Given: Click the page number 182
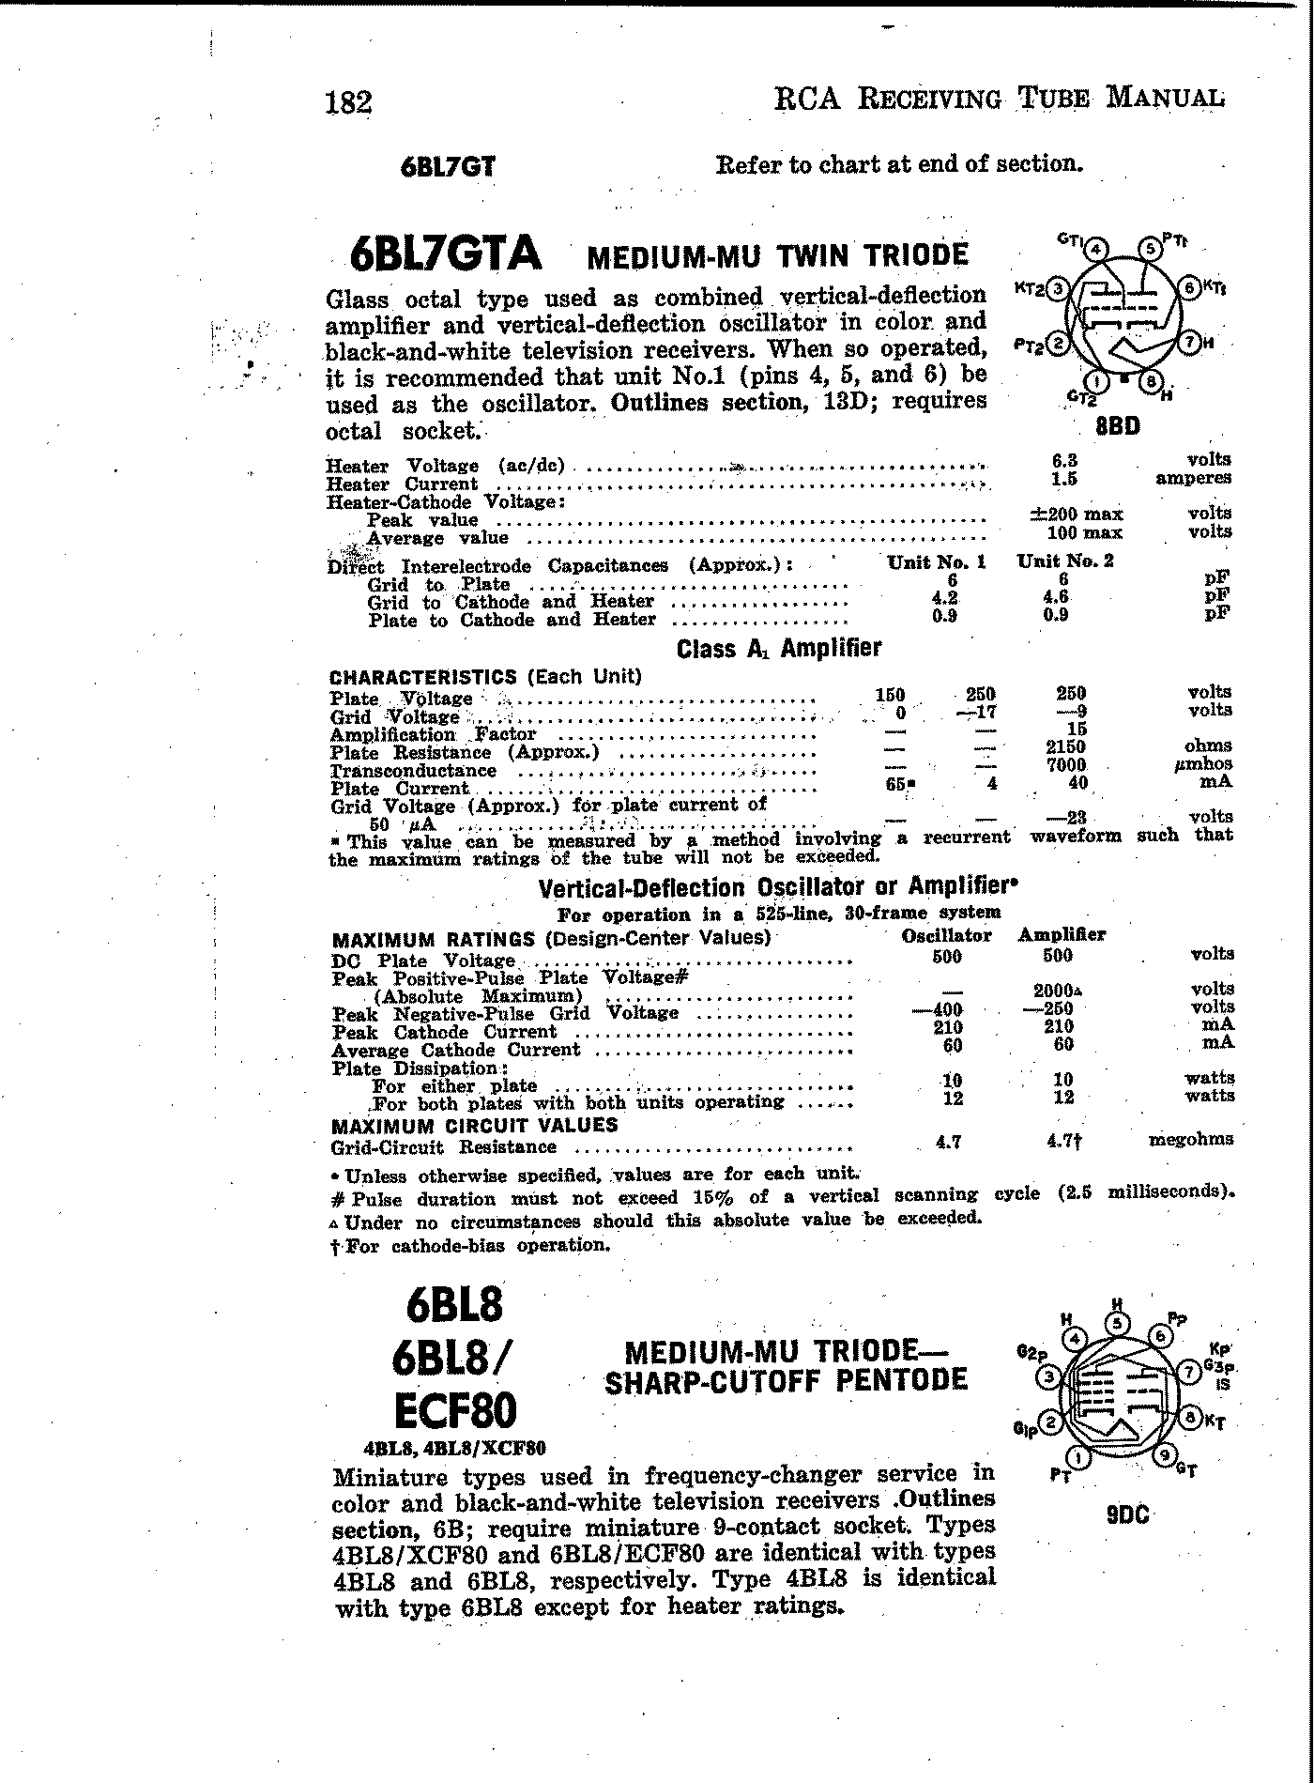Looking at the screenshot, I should [x=348, y=101].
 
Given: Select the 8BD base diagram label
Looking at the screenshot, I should [x=1118, y=426].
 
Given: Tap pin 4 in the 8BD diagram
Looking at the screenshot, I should [x=1096, y=249].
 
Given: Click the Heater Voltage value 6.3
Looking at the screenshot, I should [x=1064, y=460].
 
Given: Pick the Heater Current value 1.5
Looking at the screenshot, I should [x=1064, y=478].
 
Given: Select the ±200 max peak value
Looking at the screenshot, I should [x=1076, y=514].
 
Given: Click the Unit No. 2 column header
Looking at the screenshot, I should [x=1065, y=561].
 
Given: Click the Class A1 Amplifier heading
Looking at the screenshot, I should [x=779, y=648].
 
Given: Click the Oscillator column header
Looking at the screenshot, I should [x=946, y=936].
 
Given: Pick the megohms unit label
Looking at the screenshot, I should [x=1191, y=1140].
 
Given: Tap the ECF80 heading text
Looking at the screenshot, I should [x=456, y=1410].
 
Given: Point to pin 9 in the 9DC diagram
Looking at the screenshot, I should [x=1164, y=1456].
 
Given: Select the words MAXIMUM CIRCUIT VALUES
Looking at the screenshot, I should [x=475, y=1125].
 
